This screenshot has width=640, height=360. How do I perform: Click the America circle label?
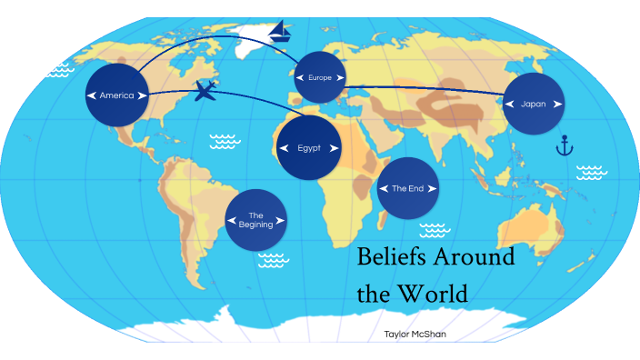tap(117, 95)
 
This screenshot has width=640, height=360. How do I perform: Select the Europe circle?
tap(320, 78)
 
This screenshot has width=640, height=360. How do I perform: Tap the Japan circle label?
tap(534, 104)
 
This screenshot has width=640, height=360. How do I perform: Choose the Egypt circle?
tap(309, 147)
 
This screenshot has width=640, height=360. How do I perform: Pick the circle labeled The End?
tap(408, 188)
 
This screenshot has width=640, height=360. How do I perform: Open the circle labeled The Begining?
tap(255, 220)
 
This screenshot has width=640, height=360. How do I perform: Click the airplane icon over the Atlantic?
tap(206, 91)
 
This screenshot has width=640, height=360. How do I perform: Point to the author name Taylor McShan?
tap(415, 335)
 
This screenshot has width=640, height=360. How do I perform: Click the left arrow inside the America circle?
tap(92, 95)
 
